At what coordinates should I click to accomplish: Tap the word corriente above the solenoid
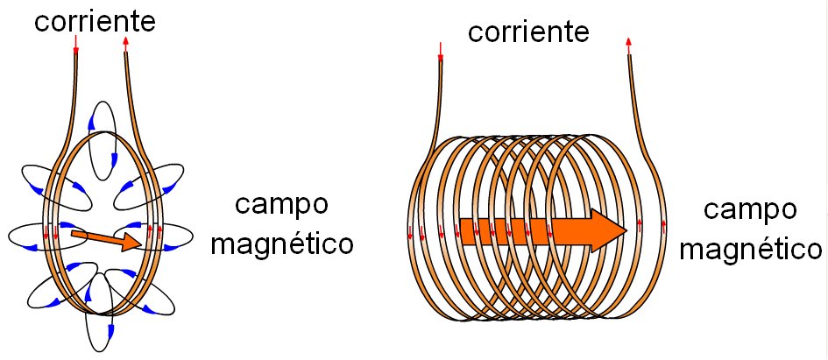click(527, 32)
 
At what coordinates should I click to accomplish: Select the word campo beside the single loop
click(281, 206)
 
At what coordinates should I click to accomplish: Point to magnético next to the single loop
click(282, 243)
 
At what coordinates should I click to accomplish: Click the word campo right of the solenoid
click(751, 210)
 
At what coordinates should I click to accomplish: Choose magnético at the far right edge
click(752, 249)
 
